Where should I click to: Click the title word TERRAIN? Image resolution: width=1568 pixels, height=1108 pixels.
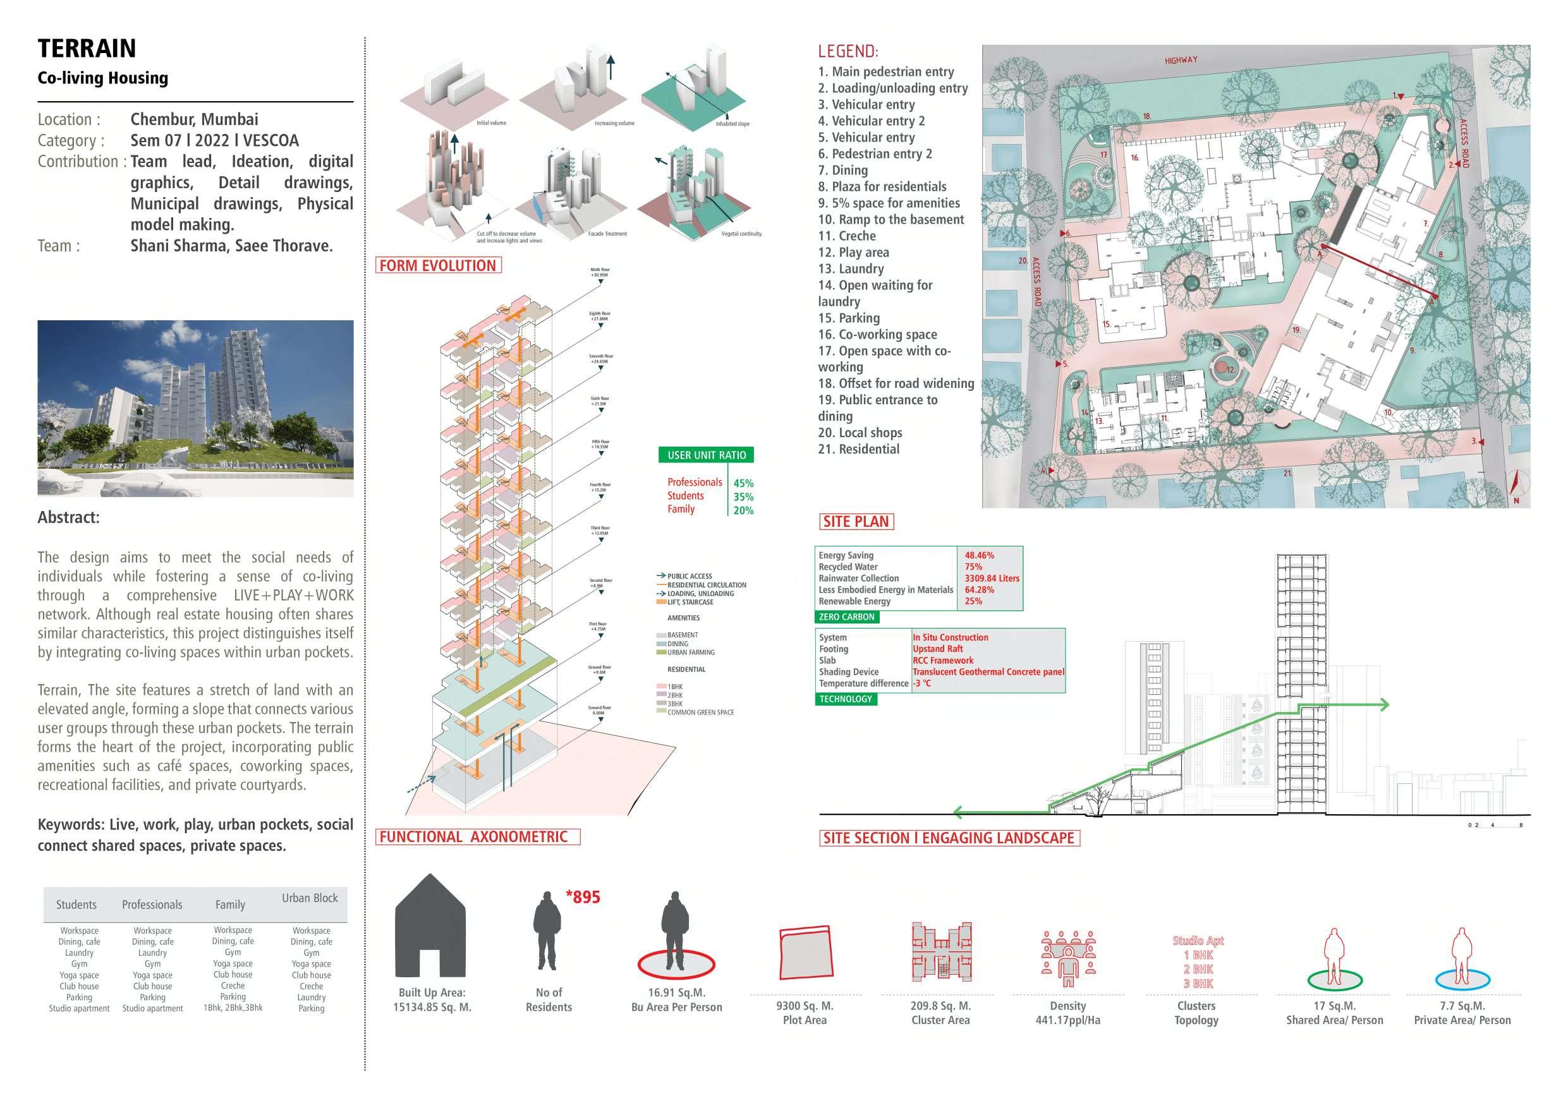87,49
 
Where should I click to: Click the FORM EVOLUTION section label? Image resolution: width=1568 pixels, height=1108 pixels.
438,265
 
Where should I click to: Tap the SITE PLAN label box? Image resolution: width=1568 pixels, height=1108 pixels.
856,522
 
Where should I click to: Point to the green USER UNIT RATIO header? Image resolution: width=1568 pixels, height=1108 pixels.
706,455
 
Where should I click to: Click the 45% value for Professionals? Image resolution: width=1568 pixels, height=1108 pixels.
743,483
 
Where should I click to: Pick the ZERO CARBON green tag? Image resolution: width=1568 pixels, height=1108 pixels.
846,617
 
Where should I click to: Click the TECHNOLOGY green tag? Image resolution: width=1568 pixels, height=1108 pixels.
846,699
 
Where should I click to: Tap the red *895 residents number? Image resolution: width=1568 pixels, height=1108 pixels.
583,897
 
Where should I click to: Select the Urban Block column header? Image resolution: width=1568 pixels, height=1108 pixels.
310,898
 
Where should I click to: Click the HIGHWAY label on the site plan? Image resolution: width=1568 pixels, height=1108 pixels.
1181,60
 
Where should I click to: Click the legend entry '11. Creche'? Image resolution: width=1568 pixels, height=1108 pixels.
847,236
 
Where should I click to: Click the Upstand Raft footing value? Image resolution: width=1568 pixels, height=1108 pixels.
938,649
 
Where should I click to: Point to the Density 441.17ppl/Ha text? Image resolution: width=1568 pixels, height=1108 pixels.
1067,1013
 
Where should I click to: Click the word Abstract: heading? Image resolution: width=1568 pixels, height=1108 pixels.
68,517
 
